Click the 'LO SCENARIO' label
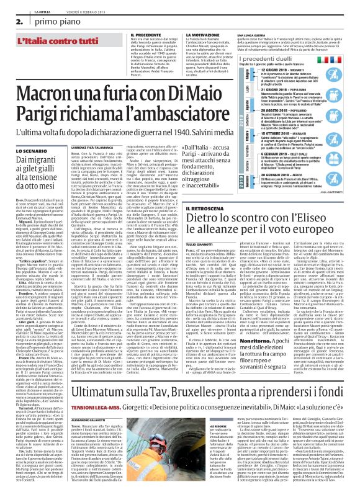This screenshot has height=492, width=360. pyautogui.click(x=26, y=133)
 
